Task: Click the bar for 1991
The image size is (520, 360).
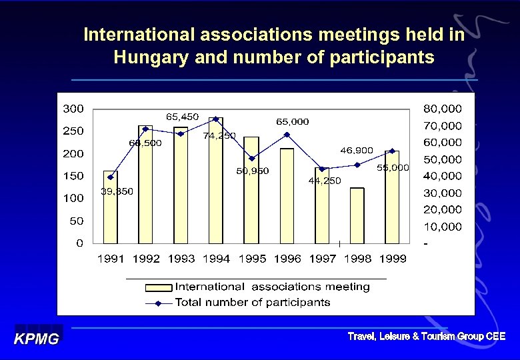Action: tap(111, 207)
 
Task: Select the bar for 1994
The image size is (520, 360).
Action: tap(216, 181)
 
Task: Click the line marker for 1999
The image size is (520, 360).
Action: tap(392, 151)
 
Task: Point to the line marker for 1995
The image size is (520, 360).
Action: tap(251, 158)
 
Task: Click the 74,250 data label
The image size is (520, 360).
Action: tap(219, 135)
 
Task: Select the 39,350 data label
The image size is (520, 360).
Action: tap(117, 191)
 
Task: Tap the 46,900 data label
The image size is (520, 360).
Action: tap(357, 151)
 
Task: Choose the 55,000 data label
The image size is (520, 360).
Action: tap(393, 168)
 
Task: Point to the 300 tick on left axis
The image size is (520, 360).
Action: tap(73, 108)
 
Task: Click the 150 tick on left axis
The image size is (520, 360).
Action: tap(73, 176)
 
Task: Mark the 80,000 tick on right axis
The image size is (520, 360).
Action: tap(442, 108)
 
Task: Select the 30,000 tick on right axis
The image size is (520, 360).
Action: tap(442, 193)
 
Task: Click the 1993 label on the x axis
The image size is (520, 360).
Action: tap(181, 259)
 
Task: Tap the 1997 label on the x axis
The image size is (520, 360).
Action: tap(322, 259)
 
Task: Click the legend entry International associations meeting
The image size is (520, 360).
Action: tap(272, 287)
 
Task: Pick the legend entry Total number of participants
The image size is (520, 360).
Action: tap(252, 302)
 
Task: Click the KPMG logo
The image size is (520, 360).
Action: tap(37, 338)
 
